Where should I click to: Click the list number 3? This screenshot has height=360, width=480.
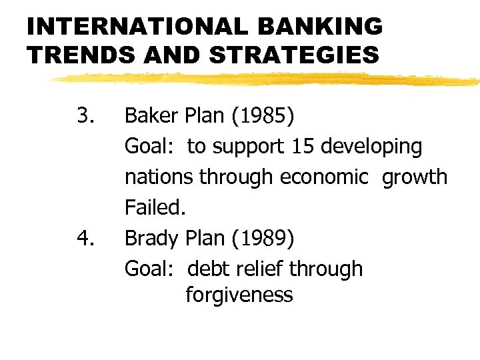coord(85,116)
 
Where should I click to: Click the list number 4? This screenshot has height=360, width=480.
coord(85,239)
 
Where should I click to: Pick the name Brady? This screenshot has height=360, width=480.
coord(152,239)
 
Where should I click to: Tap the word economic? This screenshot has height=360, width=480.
coord(324,177)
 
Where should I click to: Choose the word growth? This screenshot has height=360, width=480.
coord(415,177)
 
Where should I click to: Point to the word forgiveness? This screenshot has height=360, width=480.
coord(239,295)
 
